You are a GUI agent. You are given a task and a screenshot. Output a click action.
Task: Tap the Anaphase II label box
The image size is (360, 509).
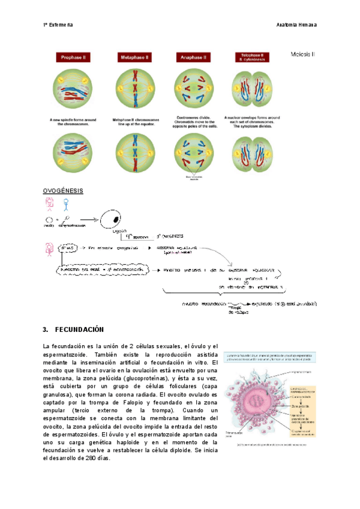click(193, 58)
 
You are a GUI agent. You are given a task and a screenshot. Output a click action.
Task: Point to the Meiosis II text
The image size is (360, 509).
click(303, 54)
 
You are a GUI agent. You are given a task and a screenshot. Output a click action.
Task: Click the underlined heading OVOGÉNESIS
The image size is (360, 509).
click(63, 191)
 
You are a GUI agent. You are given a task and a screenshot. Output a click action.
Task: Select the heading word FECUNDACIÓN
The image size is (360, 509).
click(79, 330)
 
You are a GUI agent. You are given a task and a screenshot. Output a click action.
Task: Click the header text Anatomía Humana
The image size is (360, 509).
click(296, 25)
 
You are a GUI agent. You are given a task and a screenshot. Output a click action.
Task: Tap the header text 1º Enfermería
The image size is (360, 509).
click(58, 25)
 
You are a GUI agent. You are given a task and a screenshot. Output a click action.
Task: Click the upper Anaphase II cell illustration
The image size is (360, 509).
click(193, 88)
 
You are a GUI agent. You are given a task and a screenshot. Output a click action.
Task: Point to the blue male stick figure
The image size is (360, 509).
click(66, 205)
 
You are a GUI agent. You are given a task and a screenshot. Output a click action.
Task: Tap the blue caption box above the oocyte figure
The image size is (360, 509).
click(269, 358)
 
